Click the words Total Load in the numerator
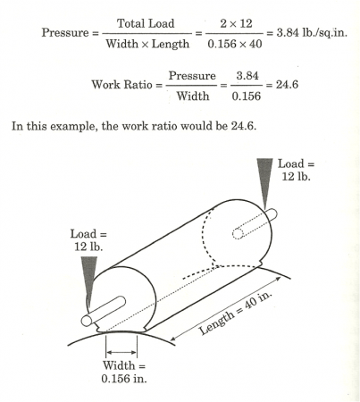[146, 23]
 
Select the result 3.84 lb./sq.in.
[312, 32]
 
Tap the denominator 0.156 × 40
[235, 44]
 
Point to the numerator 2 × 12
[236, 23]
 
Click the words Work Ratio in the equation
[121, 85]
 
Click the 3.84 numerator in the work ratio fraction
[247, 76]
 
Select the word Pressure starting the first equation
[65, 32]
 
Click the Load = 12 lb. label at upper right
[296, 170]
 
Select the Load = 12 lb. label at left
[88, 240]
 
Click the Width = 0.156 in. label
[124, 372]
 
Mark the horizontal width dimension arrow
[121, 352]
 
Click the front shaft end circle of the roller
[87, 321]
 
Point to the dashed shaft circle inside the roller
[238, 234]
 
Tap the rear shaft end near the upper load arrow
[272, 214]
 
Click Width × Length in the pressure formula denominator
[147, 44]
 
